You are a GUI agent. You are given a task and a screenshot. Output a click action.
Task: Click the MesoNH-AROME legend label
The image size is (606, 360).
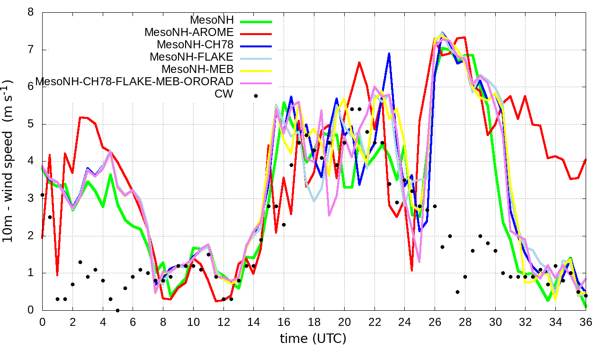click(x=189, y=33)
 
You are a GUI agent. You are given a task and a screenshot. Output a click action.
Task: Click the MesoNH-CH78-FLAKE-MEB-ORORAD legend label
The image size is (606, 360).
click(x=134, y=82)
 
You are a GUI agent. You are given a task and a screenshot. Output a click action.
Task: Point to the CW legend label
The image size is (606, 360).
click(x=224, y=94)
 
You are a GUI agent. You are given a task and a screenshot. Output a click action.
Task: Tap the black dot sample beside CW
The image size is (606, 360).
click(x=256, y=96)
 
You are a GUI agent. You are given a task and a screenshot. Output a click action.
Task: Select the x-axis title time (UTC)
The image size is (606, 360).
click(x=313, y=339)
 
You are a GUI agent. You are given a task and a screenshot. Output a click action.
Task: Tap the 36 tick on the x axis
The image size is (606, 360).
click(x=586, y=322)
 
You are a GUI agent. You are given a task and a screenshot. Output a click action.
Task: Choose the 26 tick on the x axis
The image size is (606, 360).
click(x=435, y=322)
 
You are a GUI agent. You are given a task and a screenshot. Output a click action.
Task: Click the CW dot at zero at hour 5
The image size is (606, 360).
click(x=117, y=310)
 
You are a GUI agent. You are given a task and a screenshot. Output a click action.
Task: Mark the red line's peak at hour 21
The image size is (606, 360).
click(x=359, y=62)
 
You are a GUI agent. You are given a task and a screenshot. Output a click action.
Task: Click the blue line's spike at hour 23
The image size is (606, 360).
click(x=389, y=53)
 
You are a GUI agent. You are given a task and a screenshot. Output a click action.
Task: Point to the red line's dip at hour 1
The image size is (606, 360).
click(x=57, y=275)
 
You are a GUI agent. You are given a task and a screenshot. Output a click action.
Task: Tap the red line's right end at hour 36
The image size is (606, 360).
click(x=586, y=159)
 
